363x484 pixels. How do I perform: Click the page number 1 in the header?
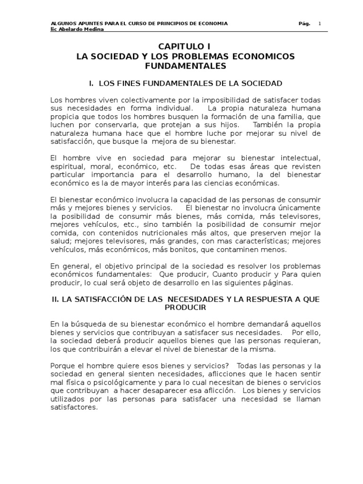coord(319,23)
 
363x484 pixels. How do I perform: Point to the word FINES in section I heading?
coord(128,83)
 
